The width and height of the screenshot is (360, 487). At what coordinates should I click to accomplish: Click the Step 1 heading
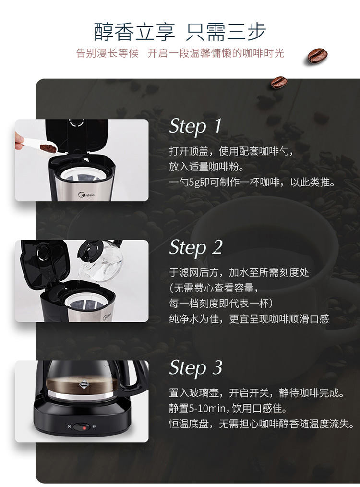click(195, 126)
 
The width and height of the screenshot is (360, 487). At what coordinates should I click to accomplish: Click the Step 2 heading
click(196, 247)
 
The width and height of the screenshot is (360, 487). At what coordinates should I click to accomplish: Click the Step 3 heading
click(196, 368)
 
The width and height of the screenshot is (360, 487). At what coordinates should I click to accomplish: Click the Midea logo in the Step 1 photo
click(86, 195)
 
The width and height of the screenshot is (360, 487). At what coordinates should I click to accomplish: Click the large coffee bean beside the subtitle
click(318, 56)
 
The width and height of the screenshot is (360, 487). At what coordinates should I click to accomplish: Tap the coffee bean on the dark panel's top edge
click(278, 82)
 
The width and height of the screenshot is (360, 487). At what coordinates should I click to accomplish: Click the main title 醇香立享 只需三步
click(180, 32)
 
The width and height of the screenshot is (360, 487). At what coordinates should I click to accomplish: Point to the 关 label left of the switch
click(69, 426)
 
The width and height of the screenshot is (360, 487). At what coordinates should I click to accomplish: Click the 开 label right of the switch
click(94, 427)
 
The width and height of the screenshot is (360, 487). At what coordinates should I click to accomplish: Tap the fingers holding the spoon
click(20, 141)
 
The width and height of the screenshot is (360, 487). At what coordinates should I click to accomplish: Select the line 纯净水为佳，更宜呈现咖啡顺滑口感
click(249, 319)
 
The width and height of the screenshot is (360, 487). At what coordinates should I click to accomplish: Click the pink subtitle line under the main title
click(180, 53)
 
